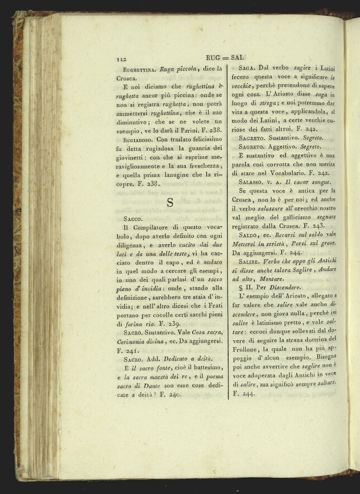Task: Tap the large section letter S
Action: pyautogui.click(x=169, y=202)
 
